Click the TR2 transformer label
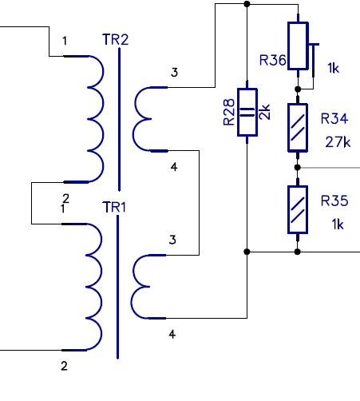[x=116, y=40]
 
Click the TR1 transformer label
[x=114, y=207]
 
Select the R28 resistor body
[x=247, y=112]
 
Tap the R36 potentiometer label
[x=272, y=60]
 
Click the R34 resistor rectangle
[x=298, y=128]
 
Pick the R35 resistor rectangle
[x=298, y=209]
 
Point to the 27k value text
[x=338, y=142]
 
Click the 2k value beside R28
[x=264, y=112]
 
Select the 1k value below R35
[x=338, y=224]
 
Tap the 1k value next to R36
[x=333, y=68]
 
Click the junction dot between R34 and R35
[x=298, y=168]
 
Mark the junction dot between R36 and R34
[x=298, y=89]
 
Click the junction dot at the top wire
[x=247, y=4]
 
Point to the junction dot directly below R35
[x=298, y=252]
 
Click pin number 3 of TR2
[x=174, y=73]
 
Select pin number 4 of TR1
[x=172, y=335]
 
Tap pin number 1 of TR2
[x=65, y=41]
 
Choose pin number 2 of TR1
[x=64, y=366]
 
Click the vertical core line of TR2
[x=119, y=119]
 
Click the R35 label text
[x=334, y=200]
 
